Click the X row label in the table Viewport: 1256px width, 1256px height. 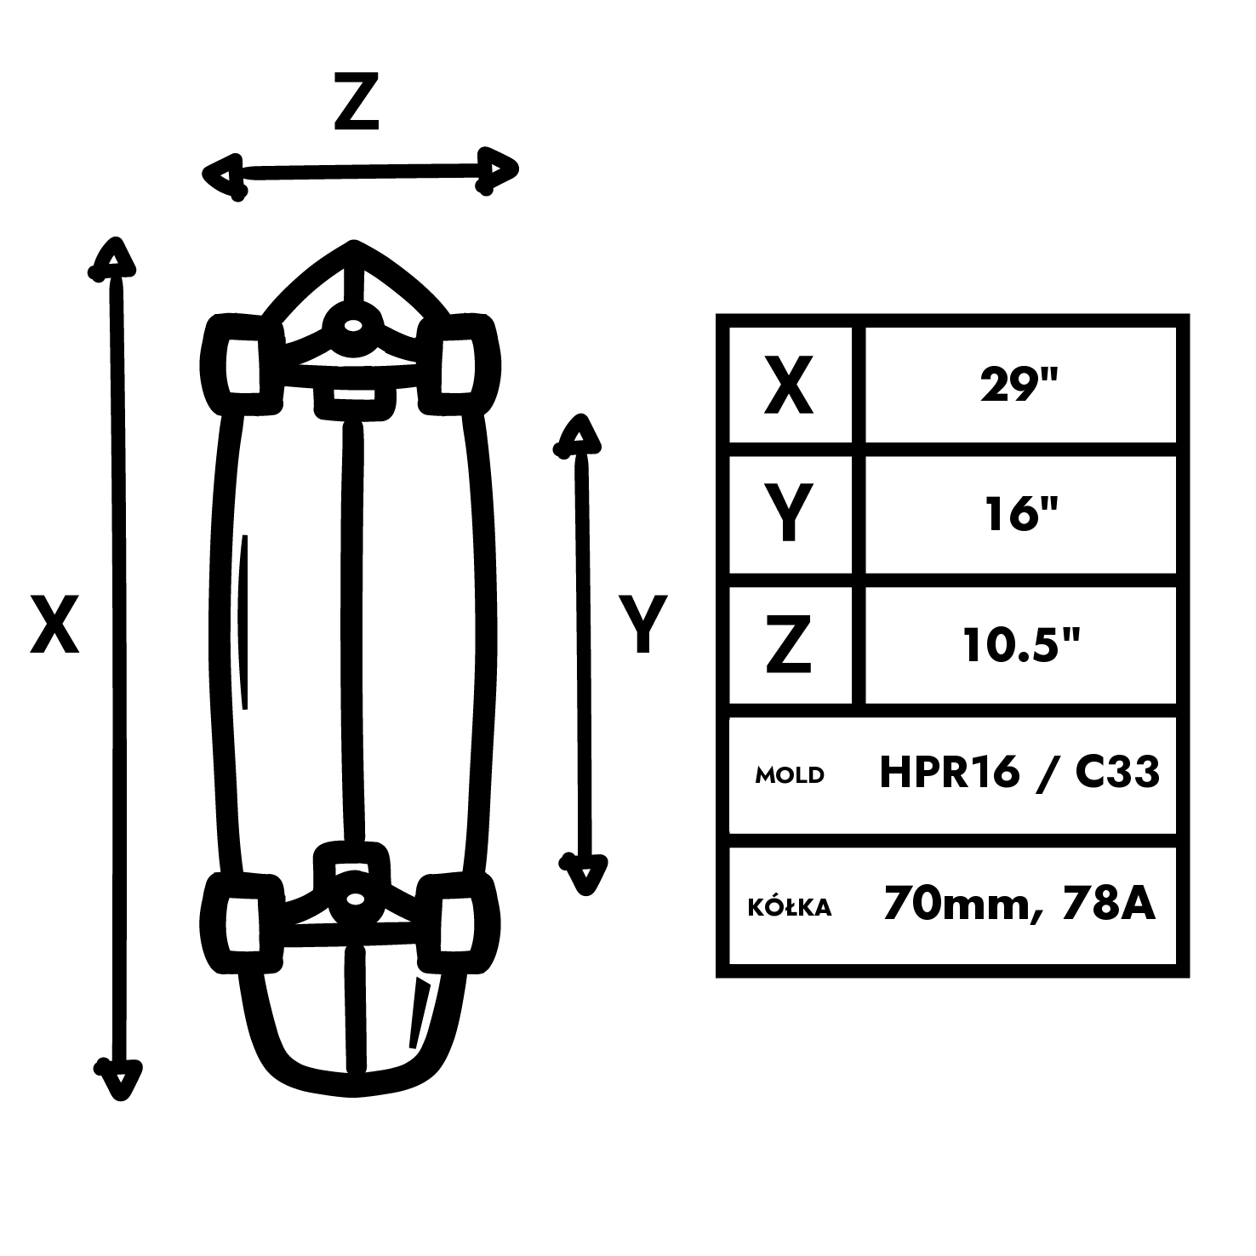click(x=789, y=385)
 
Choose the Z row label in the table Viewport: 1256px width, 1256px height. click(x=789, y=644)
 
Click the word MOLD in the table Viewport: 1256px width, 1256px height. click(x=791, y=775)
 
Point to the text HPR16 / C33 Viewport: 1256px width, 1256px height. click(x=1019, y=774)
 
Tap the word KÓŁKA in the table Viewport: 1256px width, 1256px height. click(x=790, y=906)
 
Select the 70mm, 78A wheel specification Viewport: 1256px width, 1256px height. click(x=1019, y=904)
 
